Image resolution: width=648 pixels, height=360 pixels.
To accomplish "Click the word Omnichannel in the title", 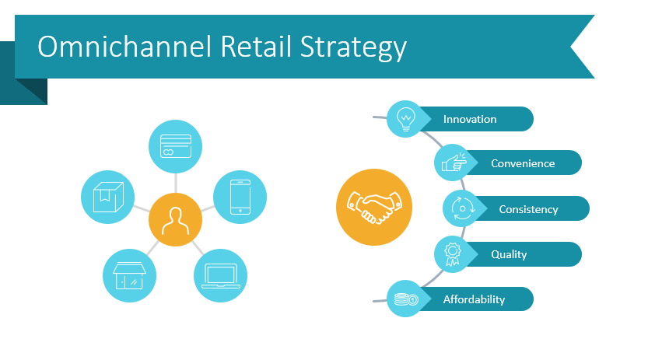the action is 124,46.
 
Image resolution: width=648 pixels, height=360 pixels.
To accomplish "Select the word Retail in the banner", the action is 256,46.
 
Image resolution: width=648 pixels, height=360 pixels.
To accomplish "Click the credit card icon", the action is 176,146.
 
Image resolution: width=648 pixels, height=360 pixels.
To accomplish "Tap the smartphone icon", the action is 240,197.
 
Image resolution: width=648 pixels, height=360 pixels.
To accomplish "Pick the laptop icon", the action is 221,276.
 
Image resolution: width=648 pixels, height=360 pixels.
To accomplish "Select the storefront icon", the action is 129,276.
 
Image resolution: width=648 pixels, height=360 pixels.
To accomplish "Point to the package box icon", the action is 108,197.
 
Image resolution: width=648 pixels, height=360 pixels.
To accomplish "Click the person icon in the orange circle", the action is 176,221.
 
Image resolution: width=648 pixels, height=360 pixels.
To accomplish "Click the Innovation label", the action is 470,119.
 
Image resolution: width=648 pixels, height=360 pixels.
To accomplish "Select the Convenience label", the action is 523,163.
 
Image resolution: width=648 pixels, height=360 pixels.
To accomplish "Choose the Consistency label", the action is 528,209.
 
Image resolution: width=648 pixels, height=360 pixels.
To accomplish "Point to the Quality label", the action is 509,255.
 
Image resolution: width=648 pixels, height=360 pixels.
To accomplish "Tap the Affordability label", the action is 474,299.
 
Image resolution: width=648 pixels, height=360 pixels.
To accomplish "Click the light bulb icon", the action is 406,119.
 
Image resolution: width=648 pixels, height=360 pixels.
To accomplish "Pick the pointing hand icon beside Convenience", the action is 454,163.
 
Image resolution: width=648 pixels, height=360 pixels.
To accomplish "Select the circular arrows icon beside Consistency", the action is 462,208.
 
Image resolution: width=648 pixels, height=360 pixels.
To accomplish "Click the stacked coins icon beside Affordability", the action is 406,299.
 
